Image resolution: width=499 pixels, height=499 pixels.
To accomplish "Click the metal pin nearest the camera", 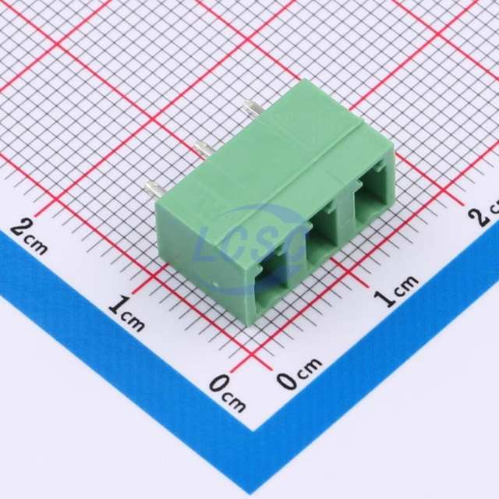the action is click(155, 190).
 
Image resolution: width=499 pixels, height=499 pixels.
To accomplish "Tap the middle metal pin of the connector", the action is click(204, 148).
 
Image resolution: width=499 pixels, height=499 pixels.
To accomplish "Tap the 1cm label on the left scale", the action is click(126, 314).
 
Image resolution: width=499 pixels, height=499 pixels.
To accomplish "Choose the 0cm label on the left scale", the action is click(228, 393).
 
